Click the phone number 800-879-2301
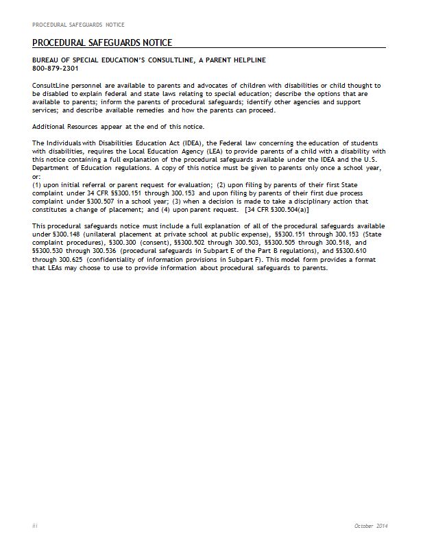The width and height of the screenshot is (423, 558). click(55, 69)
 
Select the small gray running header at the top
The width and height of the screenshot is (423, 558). click(78, 25)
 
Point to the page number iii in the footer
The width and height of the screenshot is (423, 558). click(35, 525)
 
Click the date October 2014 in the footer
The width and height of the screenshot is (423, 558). click(372, 525)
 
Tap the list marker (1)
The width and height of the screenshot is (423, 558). click(37, 186)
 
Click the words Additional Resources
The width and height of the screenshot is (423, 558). click(60, 126)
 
